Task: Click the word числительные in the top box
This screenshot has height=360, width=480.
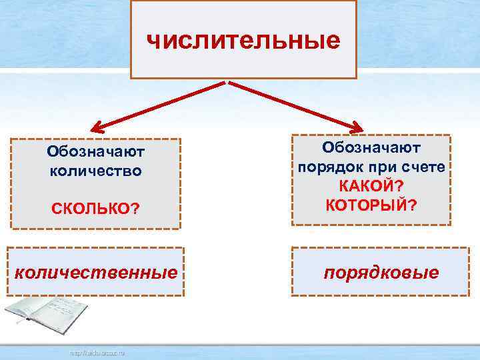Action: [x=243, y=41]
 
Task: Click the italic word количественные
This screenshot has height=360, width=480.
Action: [x=96, y=272]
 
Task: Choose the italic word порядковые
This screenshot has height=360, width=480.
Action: [x=381, y=272]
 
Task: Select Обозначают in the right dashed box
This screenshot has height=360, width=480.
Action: [x=371, y=147]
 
